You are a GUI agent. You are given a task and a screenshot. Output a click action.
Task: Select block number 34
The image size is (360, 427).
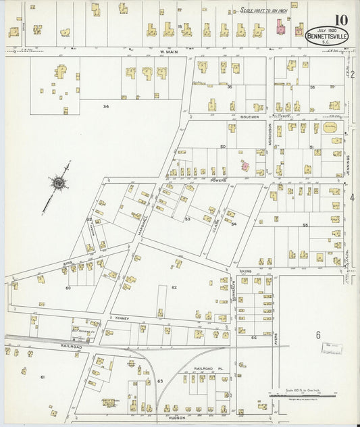tap(106, 106)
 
